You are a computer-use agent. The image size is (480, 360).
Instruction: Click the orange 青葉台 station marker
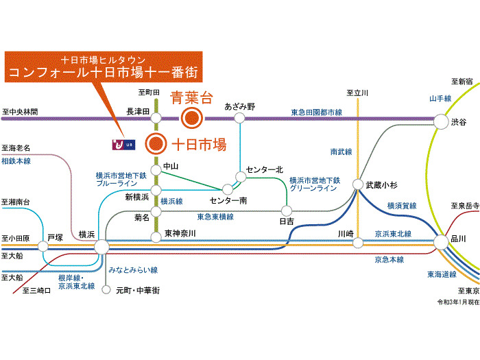click(191, 118)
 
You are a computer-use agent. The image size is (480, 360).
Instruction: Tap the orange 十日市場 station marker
click(156, 143)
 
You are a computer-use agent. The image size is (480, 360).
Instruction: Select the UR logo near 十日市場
click(123, 145)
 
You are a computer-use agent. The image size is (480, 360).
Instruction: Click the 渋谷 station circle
click(441, 121)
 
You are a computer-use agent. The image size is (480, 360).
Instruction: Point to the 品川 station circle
click(441, 242)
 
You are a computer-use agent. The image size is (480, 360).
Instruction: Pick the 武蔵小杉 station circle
click(357, 184)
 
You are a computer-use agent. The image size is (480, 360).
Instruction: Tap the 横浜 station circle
click(101, 247)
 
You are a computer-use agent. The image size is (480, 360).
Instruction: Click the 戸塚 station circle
click(43, 245)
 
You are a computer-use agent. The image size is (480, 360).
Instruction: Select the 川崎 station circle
click(358, 243)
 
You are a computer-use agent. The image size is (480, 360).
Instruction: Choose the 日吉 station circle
click(287, 211)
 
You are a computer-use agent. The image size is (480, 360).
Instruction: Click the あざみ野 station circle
click(239, 118)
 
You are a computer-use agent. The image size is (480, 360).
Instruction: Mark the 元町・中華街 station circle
click(106, 289)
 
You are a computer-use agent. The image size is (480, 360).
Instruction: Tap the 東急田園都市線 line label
click(317, 112)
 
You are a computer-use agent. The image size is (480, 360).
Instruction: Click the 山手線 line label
click(440, 99)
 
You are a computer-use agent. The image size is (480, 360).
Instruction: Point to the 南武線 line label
click(341, 152)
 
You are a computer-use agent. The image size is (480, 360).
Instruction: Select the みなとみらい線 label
click(133, 270)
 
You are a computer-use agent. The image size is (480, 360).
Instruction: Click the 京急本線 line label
click(389, 260)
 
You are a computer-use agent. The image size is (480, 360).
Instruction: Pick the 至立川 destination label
click(357, 93)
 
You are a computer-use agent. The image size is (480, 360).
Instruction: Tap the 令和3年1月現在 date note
click(458, 302)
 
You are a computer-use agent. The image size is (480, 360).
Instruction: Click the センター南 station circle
click(228, 189)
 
